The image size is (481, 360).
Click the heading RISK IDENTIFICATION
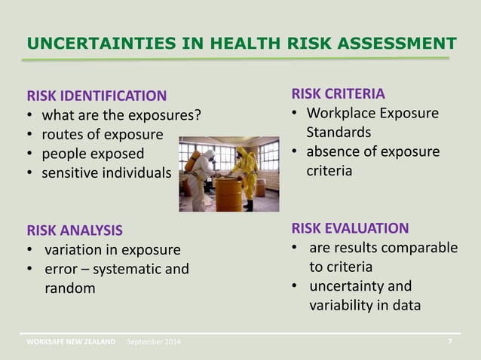(x=97, y=96)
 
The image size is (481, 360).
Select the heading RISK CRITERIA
(x=338, y=93)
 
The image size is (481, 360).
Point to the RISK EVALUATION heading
(x=350, y=228)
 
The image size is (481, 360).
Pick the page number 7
(x=450, y=341)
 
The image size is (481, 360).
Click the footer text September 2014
(x=154, y=342)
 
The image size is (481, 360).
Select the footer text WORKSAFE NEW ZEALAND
(x=72, y=342)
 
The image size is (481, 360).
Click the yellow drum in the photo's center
(x=228, y=194)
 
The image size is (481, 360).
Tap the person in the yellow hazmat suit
(x=247, y=169)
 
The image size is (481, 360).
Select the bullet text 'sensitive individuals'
(x=106, y=173)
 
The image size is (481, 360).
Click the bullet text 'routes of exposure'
(x=102, y=135)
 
